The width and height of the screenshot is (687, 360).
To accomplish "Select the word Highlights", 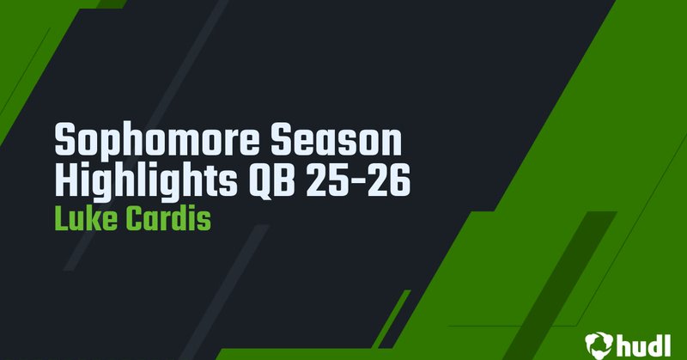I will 145,181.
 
